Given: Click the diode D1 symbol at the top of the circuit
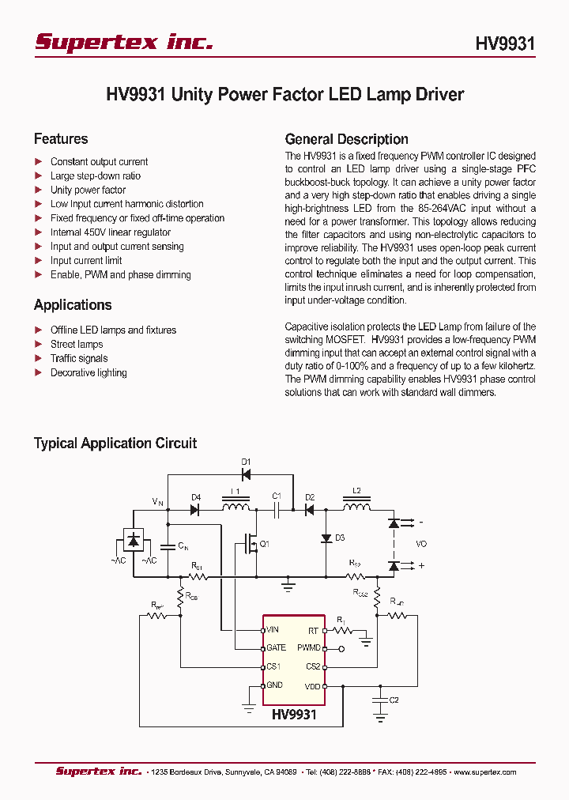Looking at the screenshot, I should tap(246, 475).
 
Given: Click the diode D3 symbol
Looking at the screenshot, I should tap(326, 538).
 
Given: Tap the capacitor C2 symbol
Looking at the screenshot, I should tap(381, 700).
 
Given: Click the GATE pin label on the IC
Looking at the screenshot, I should tap(276, 648).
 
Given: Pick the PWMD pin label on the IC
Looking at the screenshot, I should tap(309, 648).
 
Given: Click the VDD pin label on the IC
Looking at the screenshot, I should tap(312, 686).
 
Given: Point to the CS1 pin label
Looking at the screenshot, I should tap(274, 667).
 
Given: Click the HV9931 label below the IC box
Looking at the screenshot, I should tap(294, 715).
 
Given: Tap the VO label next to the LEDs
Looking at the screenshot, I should tap(421, 545).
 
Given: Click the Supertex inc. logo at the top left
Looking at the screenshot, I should tap(123, 43).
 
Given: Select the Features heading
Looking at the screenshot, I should tap(61, 139).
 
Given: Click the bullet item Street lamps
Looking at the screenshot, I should tap(77, 345).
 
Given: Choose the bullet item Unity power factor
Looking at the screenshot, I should tap(88, 190).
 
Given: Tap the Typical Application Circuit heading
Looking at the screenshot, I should tap(115, 443).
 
